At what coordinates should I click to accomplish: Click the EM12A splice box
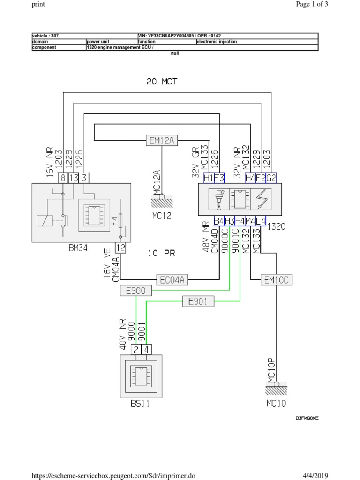[x=162, y=140]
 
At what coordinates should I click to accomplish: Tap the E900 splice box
[x=136, y=291]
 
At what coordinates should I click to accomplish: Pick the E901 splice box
[x=198, y=301]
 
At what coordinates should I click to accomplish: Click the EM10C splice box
[x=277, y=280]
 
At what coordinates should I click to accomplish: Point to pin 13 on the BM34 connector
[x=74, y=178]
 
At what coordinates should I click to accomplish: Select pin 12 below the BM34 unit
[x=120, y=248]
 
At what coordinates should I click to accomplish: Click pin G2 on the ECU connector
[x=271, y=178]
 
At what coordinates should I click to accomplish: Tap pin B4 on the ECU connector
[x=219, y=221]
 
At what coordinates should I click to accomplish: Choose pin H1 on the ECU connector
[x=209, y=178]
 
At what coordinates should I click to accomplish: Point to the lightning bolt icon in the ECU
[x=261, y=199]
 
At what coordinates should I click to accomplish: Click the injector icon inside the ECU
[x=218, y=199]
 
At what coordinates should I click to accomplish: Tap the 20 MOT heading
[x=162, y=82]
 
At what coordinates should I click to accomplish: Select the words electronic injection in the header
[x=217, y=42]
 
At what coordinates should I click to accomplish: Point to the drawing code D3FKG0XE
[x=307, y=418]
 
